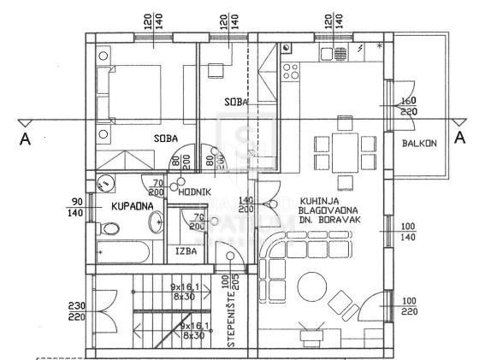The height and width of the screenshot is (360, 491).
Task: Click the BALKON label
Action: (420, 143)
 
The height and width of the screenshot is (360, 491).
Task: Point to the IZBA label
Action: (186, 251)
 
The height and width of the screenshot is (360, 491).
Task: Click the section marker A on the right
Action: (459, 138)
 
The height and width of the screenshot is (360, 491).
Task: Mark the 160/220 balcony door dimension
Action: (408, 106)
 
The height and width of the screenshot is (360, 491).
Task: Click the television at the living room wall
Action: (310, 329)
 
